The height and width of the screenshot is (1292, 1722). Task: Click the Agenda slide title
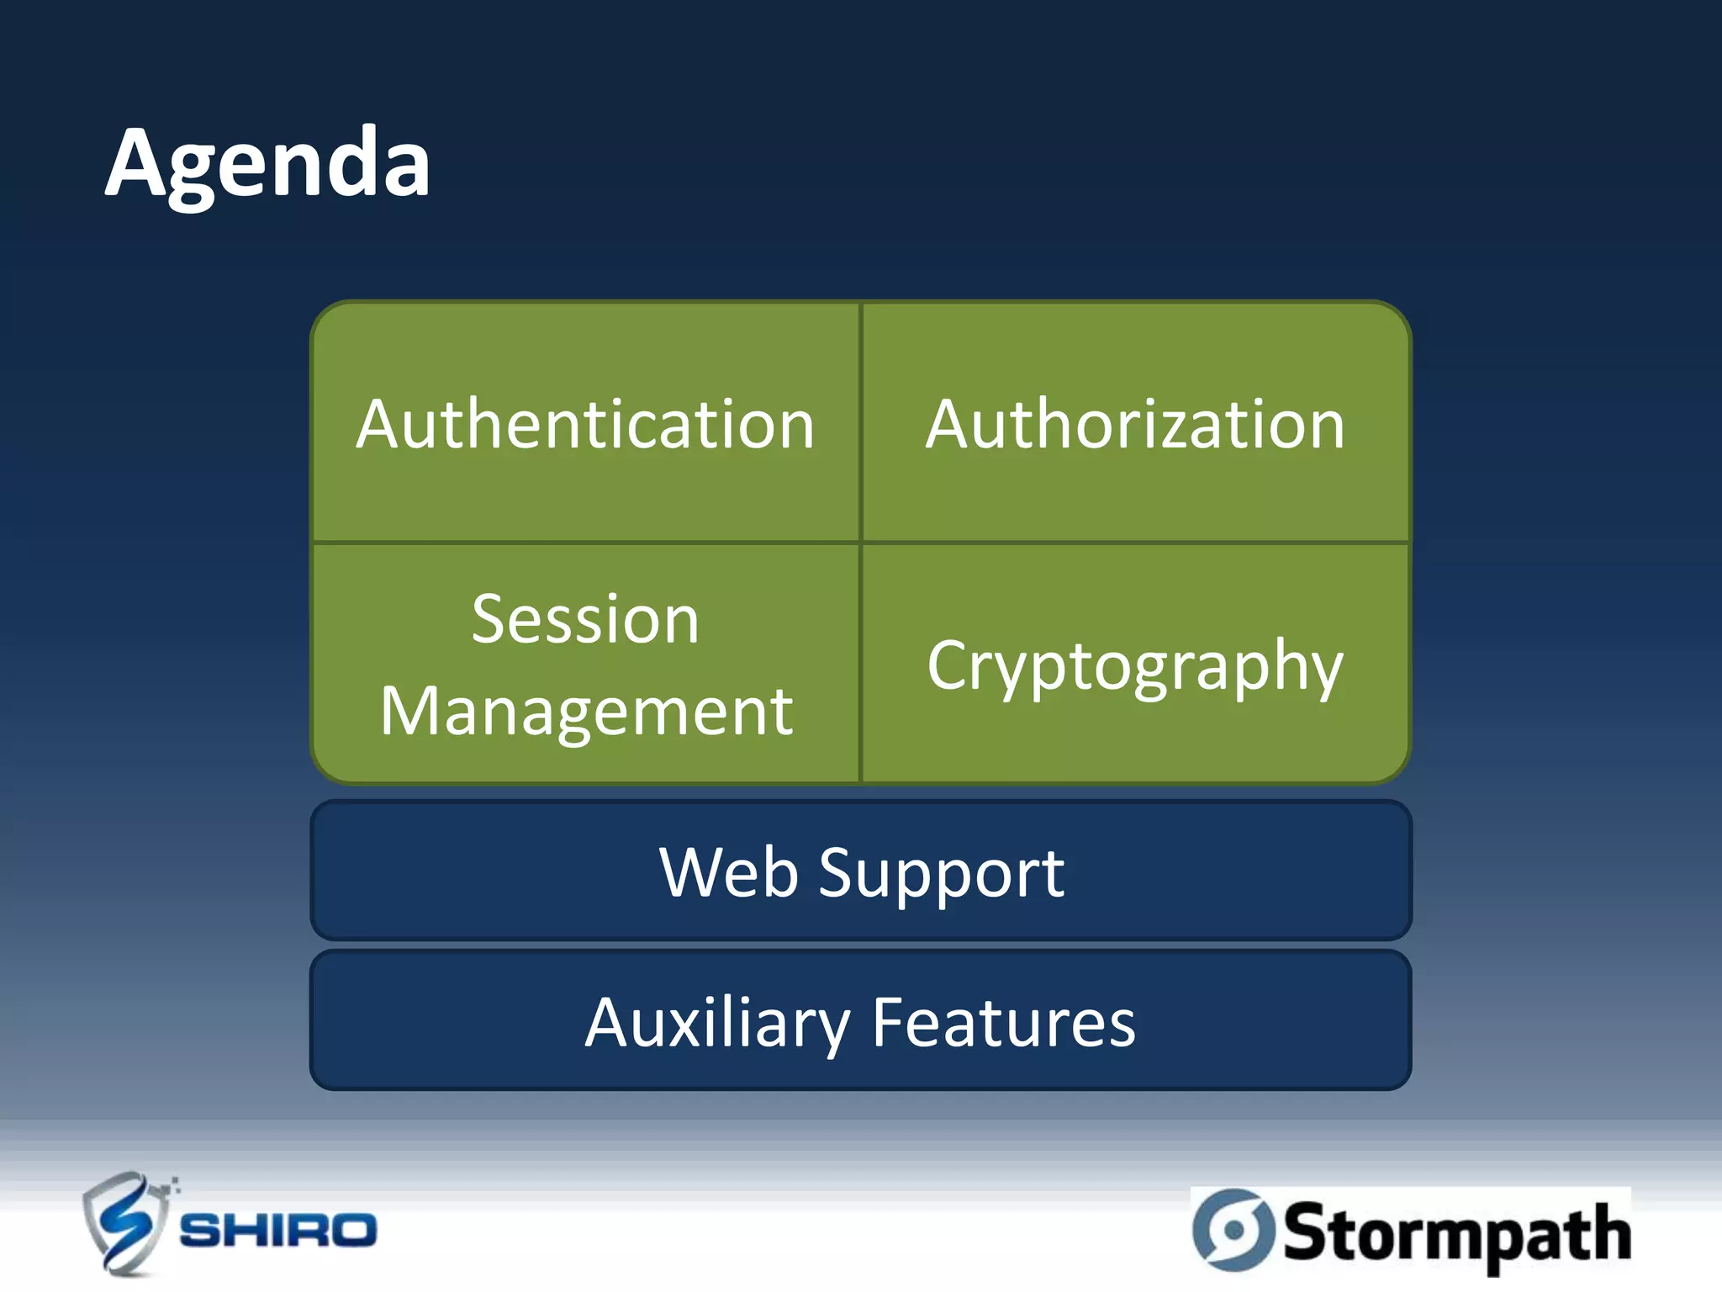[267, 163]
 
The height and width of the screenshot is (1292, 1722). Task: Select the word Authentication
[585, 425]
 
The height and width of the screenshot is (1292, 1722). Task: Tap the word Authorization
[1135, 425]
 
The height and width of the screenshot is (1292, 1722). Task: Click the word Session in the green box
[585, 620]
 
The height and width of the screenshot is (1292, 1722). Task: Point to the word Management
[586, 712]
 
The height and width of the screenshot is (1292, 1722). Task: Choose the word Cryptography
[1135, 666]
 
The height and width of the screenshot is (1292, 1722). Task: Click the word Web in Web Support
[728, 872]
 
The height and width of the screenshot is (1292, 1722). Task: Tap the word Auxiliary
[717, 1024]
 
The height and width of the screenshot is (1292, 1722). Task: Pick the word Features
[1003, 1023]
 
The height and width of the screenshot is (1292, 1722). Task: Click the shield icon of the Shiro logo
[124, 1224]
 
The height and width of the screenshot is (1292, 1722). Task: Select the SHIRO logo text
[278, 1231]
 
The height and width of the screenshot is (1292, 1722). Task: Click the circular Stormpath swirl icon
[1233, 1230]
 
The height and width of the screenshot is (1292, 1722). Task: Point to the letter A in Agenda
[138, 163]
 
